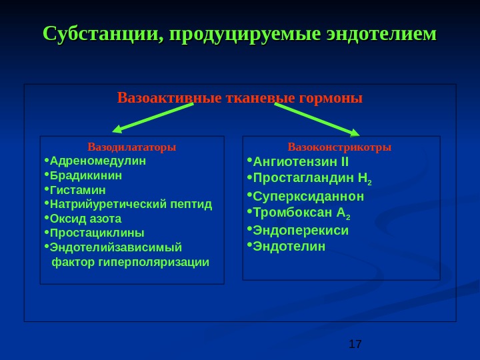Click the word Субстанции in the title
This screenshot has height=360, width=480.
(101, 33)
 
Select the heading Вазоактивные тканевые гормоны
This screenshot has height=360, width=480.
(240, 99)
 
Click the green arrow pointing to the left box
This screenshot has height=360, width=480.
(153, 117)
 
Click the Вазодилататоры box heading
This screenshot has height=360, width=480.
(132, 147)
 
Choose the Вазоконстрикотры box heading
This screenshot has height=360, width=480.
(339, 147)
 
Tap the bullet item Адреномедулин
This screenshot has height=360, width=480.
(97, 161)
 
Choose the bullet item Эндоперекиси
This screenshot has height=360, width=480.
(301, 231)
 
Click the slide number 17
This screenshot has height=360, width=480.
(355, 344)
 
